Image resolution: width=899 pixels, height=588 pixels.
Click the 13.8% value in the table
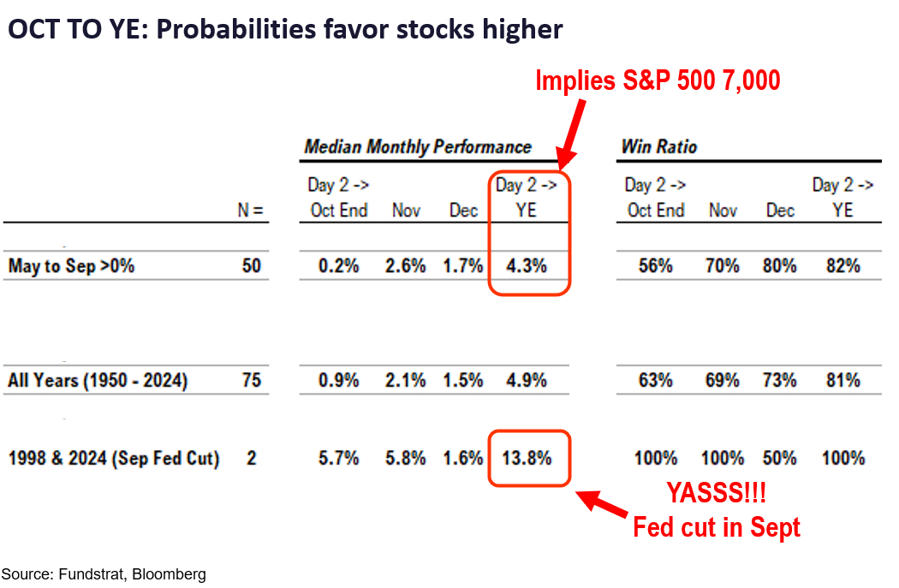click(x=527, y=458)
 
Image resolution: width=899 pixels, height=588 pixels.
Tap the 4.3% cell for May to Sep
click(x=527, y=266)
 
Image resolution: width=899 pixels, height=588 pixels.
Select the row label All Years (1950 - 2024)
click(x=98, y=380)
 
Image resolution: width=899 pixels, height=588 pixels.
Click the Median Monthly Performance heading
click(x=418, y=147)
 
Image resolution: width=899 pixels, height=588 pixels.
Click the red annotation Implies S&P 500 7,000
click(x=658, y=80)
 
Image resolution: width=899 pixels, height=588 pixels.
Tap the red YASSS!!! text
click(x=716, y=493)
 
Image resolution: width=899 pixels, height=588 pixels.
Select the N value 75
click(x=251, y=380)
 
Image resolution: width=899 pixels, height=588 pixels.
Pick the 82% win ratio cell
click(x=842, y=266)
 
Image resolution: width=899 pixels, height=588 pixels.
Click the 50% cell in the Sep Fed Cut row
click(x=780, y=458)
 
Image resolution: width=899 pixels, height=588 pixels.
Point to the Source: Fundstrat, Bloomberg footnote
click(x=104, y=574)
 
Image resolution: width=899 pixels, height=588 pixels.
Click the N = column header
click(x=250, y=211)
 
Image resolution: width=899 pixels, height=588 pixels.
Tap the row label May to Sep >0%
click(x=72, y=266)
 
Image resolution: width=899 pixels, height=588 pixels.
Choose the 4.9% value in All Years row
click(x=527, y=380)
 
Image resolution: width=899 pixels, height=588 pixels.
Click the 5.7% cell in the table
click(x=338, y=458)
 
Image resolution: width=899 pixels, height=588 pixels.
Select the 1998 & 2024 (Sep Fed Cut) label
click(x=113, y=458)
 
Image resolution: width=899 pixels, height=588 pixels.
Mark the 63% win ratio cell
click(x=655, y=380)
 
